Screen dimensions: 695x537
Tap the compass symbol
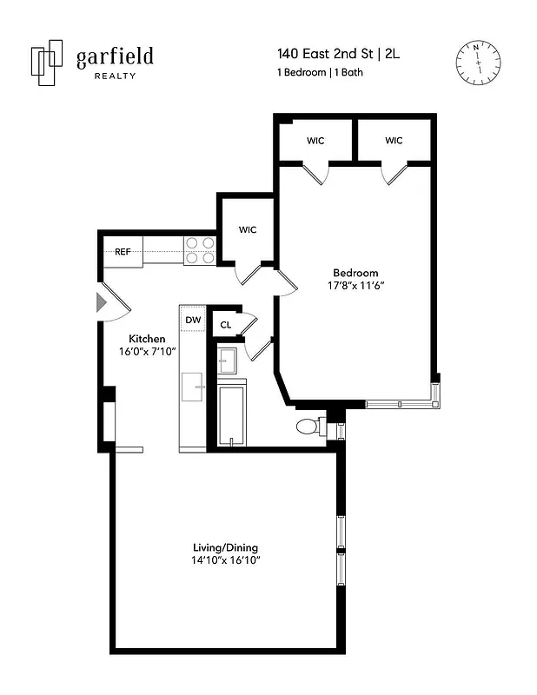pos(478,63)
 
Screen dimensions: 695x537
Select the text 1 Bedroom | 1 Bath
pos(319,73)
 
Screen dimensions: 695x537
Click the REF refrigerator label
pos(123,252)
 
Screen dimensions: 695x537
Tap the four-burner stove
pos(200,250)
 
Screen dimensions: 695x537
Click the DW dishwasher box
pos(193,320)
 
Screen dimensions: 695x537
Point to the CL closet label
pos(225,325)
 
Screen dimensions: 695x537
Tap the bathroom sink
pos(227,360)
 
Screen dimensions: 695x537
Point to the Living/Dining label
pos(225,547)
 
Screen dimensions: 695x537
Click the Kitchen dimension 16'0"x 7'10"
pos(149,353)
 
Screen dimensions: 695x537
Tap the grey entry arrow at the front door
pos(101,302)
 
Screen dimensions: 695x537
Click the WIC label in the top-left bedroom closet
pos(315,141)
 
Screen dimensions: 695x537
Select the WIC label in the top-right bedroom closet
pos(394,141)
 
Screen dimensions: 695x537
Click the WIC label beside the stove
pos(247,230)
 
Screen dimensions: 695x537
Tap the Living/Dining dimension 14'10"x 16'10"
pos(226,561)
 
